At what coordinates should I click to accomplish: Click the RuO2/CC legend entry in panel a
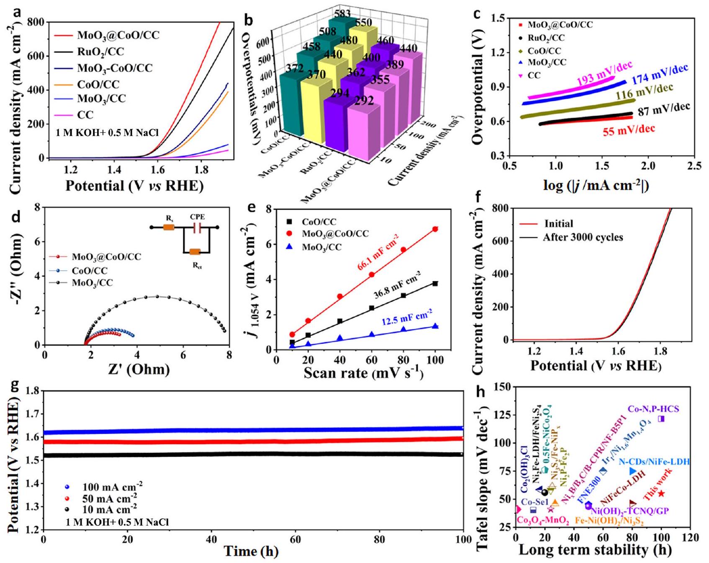click(100, 52)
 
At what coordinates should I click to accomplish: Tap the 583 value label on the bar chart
click(342, 14)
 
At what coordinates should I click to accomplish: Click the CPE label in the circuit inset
click(197, 217)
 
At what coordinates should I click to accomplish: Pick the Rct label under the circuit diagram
click(197, 265)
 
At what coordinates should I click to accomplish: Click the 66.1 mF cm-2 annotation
click(378, 253)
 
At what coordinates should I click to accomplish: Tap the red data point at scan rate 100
click(435, 229)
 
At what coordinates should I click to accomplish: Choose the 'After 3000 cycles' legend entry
click(583, 238)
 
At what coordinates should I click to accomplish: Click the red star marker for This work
click(661, 494)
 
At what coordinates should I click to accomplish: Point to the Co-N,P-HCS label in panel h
click(653, 409)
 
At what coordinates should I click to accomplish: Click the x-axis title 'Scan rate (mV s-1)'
click(363, 373)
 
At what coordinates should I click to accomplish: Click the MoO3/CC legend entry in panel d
click(92, 283)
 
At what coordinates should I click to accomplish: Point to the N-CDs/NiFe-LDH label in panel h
click(654, 462)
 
